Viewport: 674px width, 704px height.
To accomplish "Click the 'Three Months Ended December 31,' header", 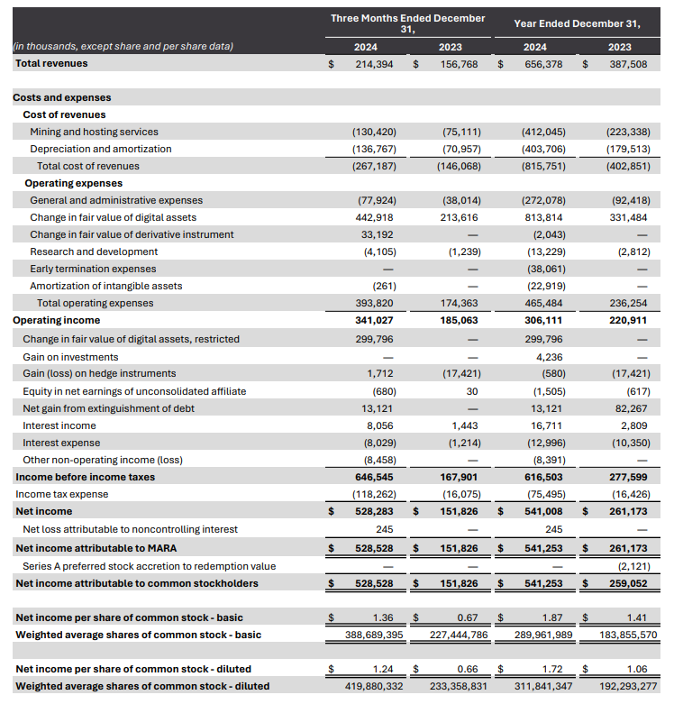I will tap(407, 23).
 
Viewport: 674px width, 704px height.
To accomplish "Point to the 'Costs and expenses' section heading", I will tap(61, 97).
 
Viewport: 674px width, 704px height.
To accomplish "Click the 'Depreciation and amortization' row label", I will tap(100, 149).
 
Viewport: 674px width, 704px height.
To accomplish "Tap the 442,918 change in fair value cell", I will tap(377, 217).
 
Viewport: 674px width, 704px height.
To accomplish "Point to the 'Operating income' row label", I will tap(57, 320).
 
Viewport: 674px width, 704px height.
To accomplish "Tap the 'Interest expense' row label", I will tap(61, 442).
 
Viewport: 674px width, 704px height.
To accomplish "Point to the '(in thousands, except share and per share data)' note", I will tap(123, 47).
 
